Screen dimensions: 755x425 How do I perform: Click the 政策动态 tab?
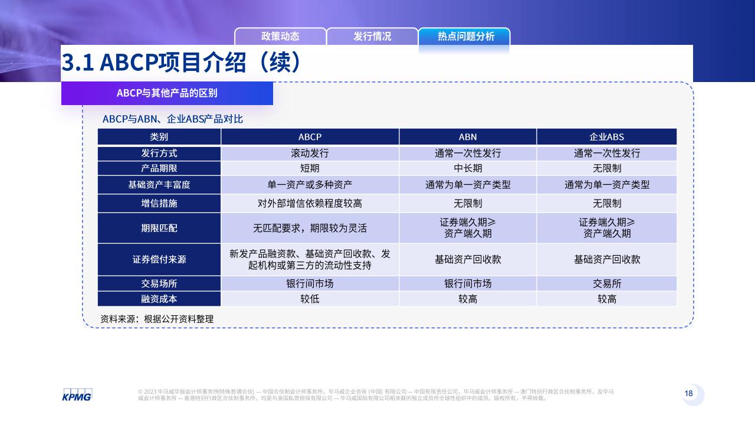click(280, 36)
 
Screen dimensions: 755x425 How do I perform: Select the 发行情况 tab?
click(372, 36)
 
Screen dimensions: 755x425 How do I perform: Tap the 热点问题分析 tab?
click(464, 36)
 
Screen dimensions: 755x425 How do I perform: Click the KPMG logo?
click(77, 395)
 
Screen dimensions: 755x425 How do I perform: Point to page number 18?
click(688, 393)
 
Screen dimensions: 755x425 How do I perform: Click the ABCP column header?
click(310, 136)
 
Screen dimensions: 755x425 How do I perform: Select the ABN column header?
click(468, 136)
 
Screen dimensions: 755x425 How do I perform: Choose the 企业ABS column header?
click(607, 136)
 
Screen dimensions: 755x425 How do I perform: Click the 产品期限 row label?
click(159, 168)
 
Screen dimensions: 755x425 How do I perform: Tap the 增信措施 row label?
click(159, 203)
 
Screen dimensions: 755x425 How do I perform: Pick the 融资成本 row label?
click(159, 299)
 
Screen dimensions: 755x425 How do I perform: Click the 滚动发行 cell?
click(310, 153)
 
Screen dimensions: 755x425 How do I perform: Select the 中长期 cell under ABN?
click(468, 168)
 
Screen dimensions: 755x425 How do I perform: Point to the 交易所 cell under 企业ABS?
click(607, 284)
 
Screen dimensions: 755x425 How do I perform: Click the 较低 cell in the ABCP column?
click(310, 299)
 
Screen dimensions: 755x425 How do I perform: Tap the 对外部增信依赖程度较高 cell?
click(310, 203)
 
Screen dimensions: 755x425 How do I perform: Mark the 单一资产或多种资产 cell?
click(310, 185)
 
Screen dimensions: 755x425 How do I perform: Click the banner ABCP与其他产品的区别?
click(167, 93)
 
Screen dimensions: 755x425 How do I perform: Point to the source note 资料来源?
click(157, 319)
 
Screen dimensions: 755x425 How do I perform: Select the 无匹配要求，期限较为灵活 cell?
click(310, 228)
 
